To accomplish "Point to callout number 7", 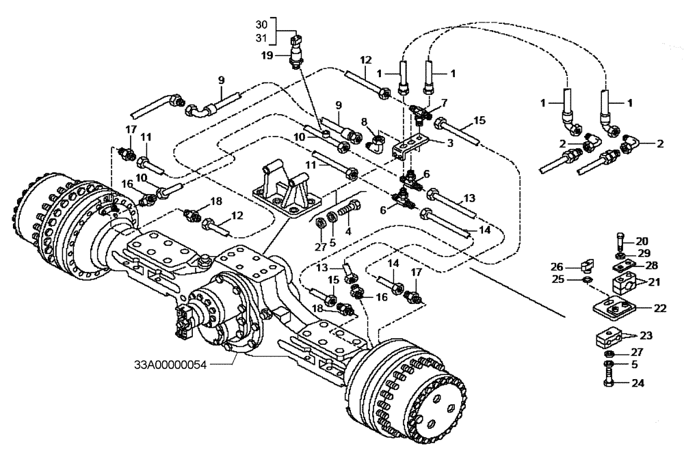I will [445, 102].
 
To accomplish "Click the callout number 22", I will [659, 308].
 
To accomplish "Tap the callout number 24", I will [639, 382].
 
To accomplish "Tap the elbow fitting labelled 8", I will [376, 143].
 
